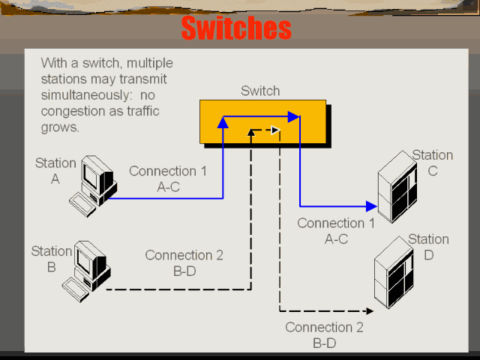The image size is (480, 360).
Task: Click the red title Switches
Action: point(235,28)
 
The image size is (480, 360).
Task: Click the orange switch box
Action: point(263,121)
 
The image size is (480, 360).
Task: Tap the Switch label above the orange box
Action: point(260,91)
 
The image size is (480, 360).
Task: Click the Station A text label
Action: point(55,170)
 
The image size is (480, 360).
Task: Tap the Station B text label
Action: point(52,259)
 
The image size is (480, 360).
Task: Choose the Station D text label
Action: point(428,247)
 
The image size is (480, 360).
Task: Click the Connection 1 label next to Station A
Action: point(168,179)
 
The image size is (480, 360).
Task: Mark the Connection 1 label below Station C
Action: point(336,231)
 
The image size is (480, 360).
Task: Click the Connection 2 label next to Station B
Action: point(184,263)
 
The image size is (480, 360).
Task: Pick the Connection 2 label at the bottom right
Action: point(324,335)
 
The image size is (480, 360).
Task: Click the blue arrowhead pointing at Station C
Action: point(370,205)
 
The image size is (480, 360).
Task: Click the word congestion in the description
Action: point(71,111)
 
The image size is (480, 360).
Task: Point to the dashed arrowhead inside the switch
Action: point(276,130)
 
